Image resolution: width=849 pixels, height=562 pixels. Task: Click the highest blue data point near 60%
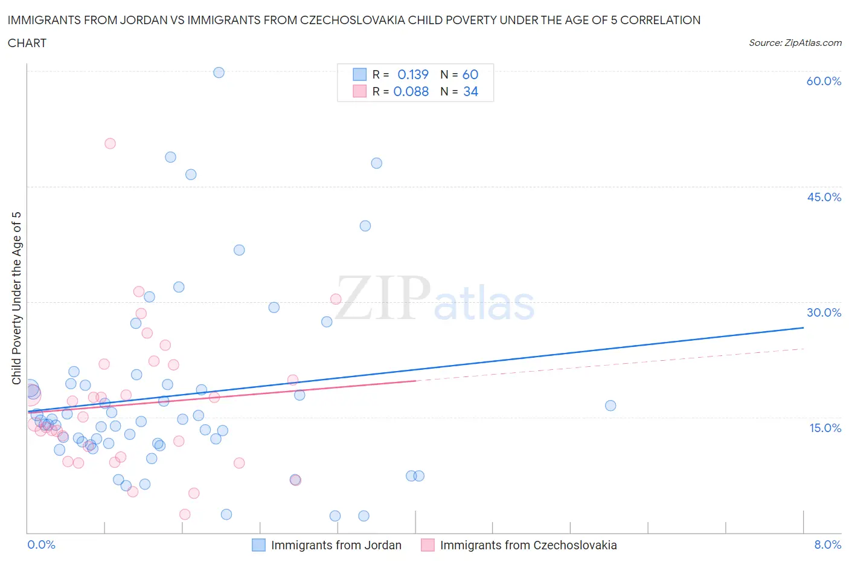219,73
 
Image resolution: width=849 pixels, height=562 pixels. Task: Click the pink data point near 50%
110,143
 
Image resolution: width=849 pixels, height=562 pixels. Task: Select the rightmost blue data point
610,405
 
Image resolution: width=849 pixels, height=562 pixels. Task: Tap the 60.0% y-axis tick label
824,81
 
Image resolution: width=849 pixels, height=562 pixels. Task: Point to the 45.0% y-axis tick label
824,197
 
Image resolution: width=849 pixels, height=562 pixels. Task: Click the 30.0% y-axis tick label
824,312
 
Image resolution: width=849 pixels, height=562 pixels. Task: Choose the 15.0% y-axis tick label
824,428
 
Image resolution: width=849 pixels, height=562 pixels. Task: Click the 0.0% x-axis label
41,544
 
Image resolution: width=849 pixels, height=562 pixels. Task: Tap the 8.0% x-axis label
827,544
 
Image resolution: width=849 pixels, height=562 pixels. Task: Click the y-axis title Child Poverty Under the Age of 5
16,298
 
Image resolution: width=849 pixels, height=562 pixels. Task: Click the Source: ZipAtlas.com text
795,43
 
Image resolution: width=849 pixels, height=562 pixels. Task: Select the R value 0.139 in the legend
413,74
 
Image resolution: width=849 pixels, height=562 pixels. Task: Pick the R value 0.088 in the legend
411,91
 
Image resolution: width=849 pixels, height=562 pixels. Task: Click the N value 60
470,74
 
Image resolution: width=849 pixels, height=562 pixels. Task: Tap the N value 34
470,91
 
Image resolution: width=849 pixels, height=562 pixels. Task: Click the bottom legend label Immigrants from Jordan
336,545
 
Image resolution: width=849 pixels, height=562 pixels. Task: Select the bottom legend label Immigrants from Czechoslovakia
528,545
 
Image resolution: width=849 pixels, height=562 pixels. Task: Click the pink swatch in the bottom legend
428,545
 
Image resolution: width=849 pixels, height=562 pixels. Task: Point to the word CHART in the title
27,43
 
